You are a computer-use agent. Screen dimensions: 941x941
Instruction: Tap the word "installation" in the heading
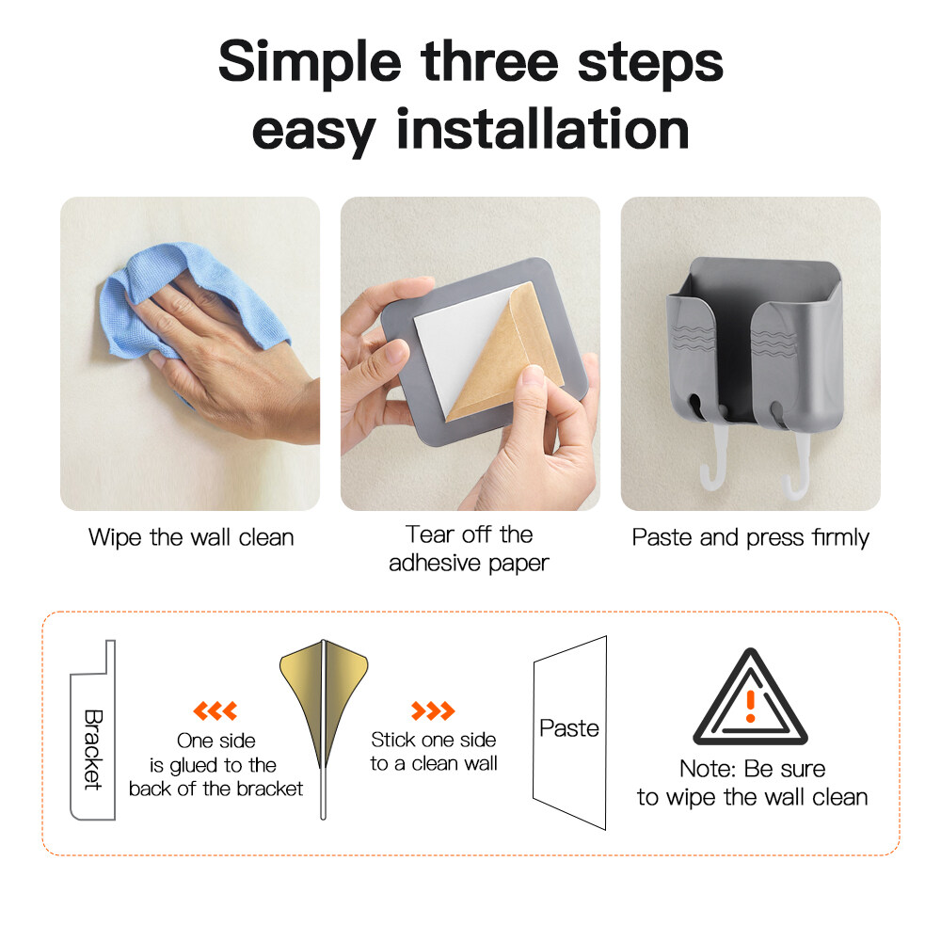point(543,129)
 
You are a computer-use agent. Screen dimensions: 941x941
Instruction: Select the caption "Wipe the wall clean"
point(191,537)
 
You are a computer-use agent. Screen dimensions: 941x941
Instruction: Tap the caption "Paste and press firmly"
point(751,537)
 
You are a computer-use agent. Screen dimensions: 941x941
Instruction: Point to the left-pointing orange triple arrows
point(215,710)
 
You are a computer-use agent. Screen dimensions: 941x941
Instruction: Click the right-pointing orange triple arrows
point(433,710)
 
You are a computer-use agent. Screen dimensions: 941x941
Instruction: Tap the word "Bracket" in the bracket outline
point(93,750)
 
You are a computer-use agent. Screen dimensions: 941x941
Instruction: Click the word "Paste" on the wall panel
point(569,728)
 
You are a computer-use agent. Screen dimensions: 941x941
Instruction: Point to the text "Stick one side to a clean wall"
point(433,751)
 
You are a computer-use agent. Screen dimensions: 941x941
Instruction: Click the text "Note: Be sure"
point(753,769)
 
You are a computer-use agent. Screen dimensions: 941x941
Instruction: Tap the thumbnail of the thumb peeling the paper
point(470,354)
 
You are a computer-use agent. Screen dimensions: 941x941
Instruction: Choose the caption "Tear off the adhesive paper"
point(470,549)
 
